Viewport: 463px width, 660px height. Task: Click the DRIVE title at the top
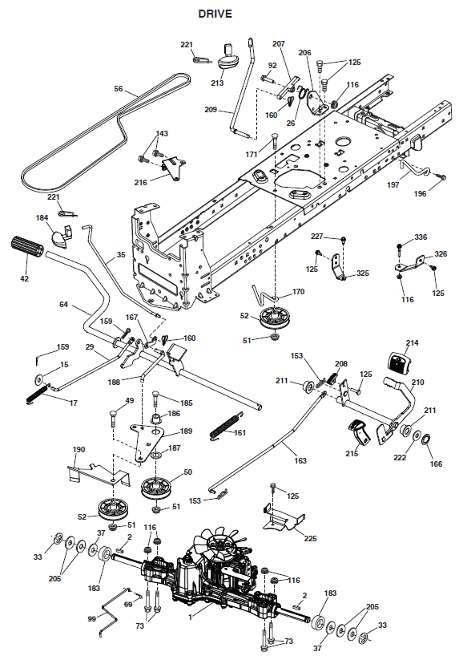coord(215,14)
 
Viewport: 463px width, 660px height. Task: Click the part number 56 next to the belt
coord(119,89)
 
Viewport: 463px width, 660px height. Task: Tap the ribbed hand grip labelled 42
coord(26,246)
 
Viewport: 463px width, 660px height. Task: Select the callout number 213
coord(217,83)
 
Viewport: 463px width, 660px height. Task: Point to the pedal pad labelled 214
coord(397,362)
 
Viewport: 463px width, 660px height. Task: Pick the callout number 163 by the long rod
coord(300,460)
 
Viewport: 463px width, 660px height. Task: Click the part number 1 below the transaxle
coord(190,617)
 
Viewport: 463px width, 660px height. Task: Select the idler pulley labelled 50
coord(155,488)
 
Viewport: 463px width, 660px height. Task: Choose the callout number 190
coord(79,450)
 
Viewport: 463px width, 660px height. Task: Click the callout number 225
coord(310,538)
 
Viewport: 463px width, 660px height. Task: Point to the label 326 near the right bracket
coord(441,253)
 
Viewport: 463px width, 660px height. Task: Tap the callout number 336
coord(421,237)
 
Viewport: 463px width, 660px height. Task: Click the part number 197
coord(393,184)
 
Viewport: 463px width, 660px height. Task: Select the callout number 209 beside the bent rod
coord(211,109)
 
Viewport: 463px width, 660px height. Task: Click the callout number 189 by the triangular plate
coord(186,431)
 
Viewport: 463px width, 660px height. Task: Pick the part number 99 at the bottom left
coord(91,618)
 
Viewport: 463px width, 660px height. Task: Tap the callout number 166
coord(436,464)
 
